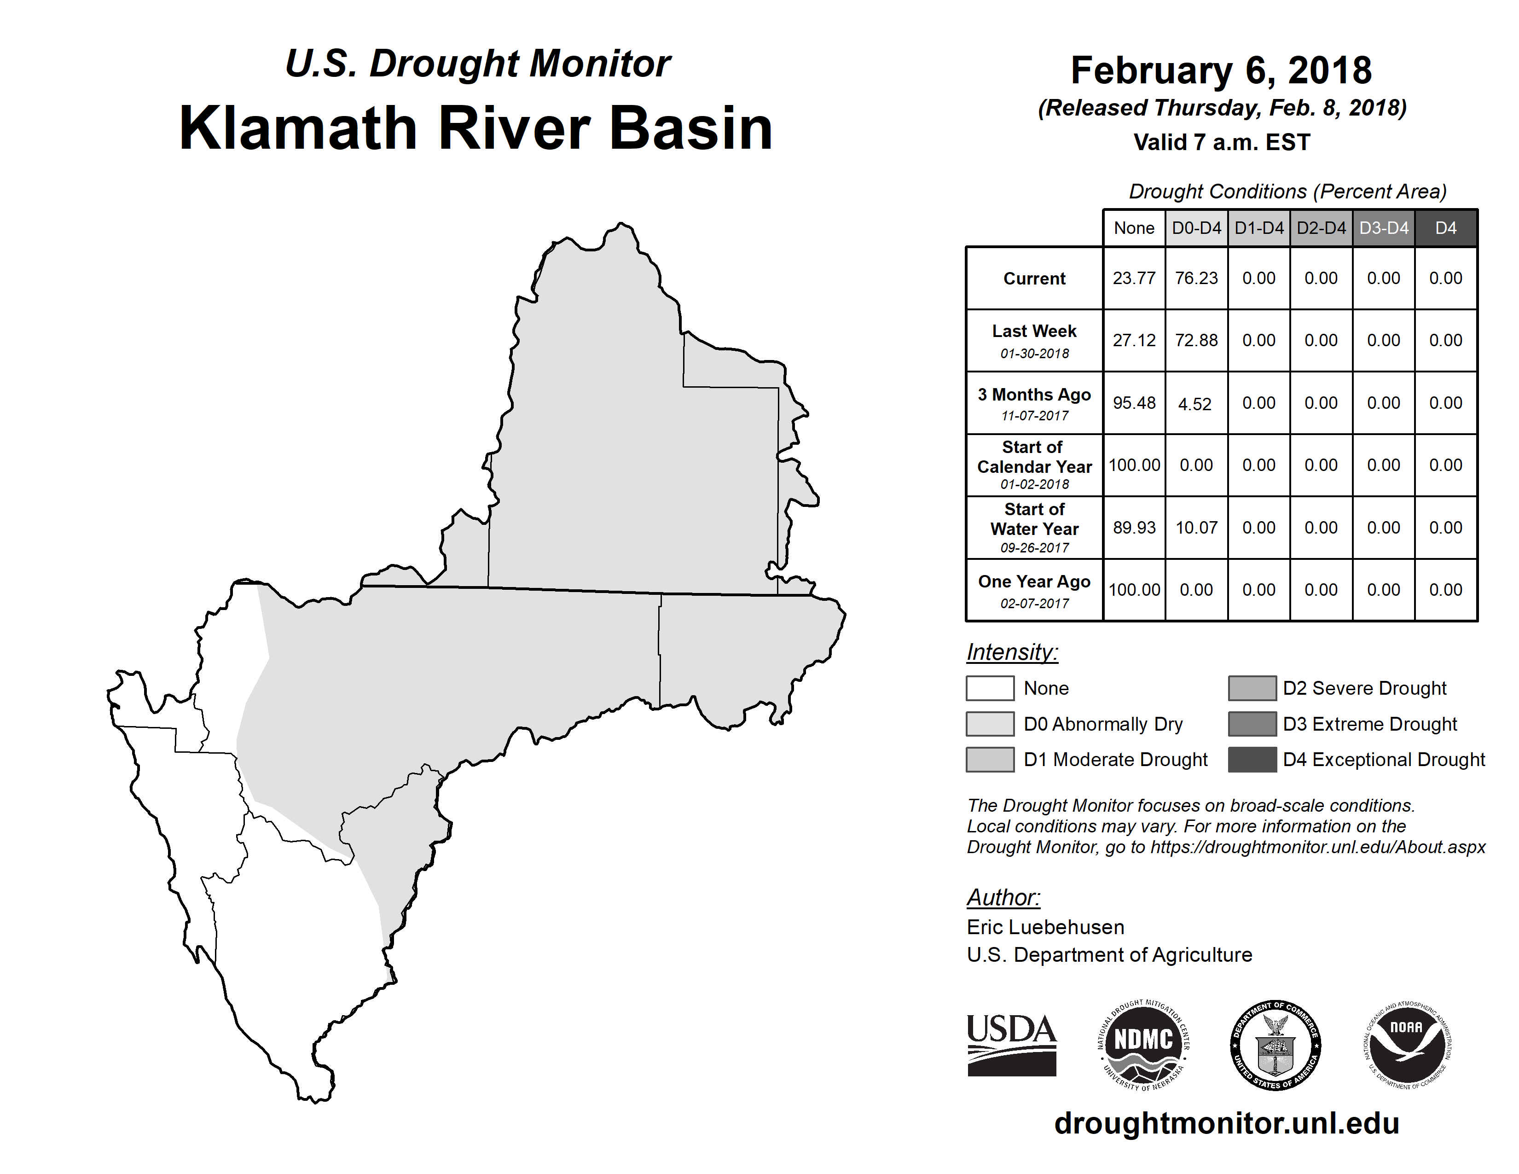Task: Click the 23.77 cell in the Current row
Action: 1134,278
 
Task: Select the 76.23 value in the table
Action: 1196,278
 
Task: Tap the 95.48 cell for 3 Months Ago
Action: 1134,403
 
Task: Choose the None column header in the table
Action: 1134,228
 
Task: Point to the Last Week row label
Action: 1034,341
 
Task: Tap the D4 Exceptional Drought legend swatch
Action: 1252,760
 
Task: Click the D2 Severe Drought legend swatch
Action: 1252,688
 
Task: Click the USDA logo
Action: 1012,1045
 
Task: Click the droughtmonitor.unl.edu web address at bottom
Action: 1227,1124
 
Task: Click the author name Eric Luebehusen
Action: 1045,927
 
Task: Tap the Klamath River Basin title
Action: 476,128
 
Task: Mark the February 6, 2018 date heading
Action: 1221,70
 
